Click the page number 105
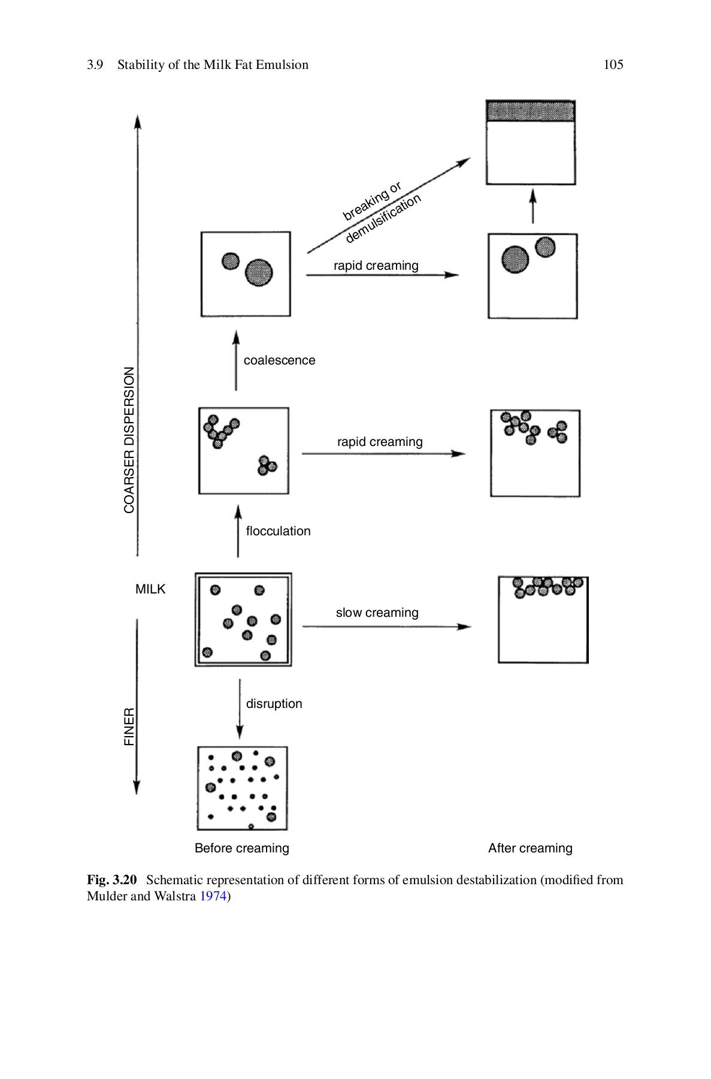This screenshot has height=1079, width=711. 613,65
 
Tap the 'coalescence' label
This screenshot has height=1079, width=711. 279,360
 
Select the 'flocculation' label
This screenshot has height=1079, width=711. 278,531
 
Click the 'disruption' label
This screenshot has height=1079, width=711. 274,704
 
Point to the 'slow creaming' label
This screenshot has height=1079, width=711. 377,613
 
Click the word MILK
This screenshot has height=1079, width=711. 150,589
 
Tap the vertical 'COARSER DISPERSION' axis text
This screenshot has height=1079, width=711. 129,440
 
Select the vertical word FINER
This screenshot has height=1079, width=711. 129,727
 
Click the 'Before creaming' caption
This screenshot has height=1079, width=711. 242,848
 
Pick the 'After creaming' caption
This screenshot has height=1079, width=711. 530,848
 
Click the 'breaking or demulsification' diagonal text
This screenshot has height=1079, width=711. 381,211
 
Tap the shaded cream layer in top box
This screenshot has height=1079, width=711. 531,111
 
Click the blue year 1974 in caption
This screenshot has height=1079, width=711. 213,897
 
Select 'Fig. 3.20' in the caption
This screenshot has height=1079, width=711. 112,880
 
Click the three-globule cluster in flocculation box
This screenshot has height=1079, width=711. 266,465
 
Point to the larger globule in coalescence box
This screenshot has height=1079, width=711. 259,273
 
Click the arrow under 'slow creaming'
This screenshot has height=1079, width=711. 386,626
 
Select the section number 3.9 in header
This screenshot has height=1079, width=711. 95,65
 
